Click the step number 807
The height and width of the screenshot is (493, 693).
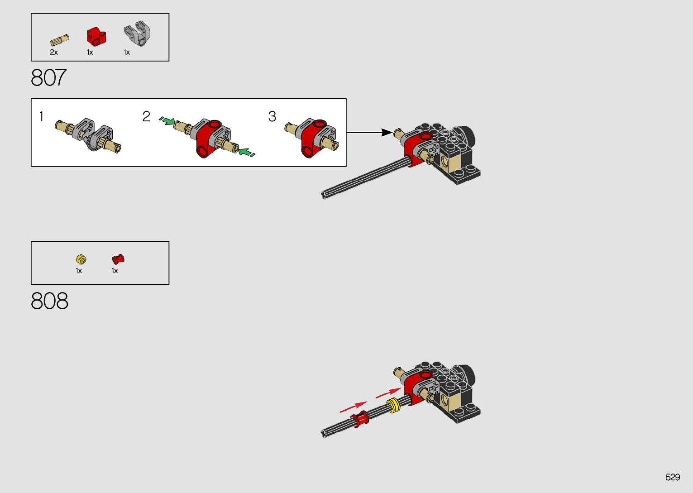49,78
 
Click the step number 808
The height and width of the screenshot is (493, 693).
50,301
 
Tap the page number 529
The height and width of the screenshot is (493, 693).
673,477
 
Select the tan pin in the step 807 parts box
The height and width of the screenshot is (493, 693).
59,40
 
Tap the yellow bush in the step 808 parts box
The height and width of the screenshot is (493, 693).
81,259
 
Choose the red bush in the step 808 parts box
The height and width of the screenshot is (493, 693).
118,259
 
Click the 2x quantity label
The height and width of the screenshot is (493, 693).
54,53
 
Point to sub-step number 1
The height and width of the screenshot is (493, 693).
41,117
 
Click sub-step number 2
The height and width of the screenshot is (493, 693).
146,117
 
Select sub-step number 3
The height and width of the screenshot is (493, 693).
272,117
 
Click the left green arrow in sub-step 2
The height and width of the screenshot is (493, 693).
167,121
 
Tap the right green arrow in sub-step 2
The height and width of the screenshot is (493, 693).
246,153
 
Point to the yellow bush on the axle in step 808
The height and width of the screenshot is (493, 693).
393,405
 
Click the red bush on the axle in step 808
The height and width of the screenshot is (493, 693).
362,419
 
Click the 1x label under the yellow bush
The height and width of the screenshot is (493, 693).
79,271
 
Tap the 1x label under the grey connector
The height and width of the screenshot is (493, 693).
127,53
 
